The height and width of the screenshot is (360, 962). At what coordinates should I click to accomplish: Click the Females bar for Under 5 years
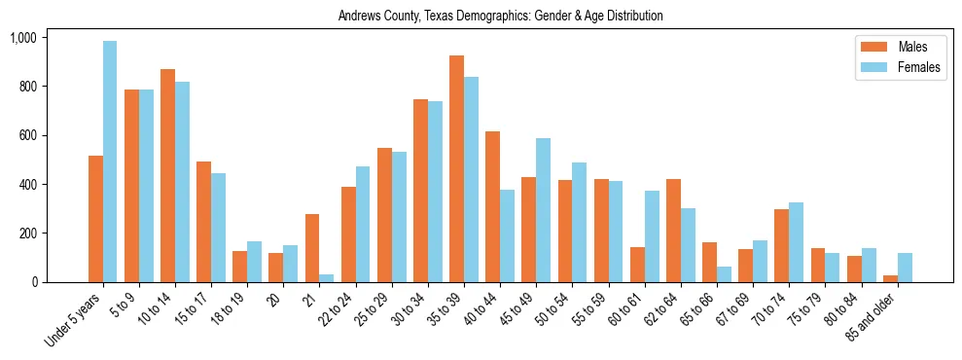[x=110, y=162]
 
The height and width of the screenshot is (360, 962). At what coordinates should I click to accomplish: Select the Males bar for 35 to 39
[x=456, y=169]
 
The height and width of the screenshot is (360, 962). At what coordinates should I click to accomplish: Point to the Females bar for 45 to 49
[x=543, y=210]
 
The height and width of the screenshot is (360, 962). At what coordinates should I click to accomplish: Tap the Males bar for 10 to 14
[x=167, y=176]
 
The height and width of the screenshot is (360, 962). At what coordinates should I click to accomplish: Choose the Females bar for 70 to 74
[x=796, y=242]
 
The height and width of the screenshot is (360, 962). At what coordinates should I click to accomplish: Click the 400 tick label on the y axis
[x=26, y=185]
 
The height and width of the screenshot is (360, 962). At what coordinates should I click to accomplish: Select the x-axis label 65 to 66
[x=696, y=306]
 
